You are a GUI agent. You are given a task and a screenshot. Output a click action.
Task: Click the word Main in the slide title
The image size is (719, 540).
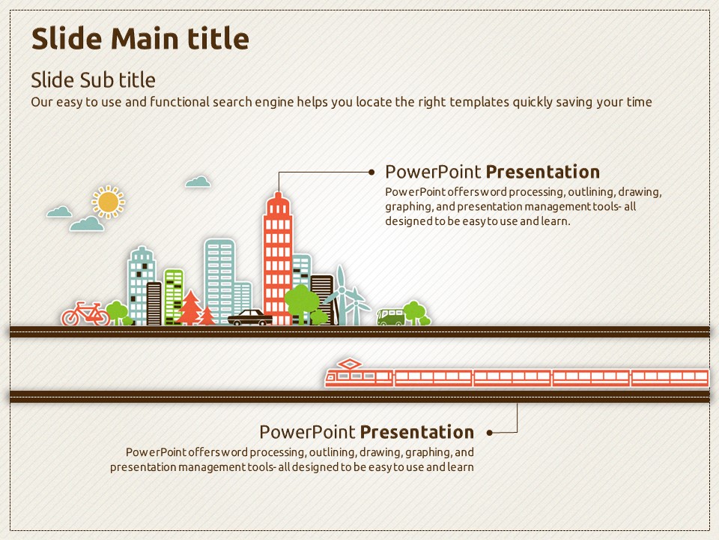[144, 38]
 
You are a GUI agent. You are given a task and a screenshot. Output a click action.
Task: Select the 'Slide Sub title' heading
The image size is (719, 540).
[93, 80]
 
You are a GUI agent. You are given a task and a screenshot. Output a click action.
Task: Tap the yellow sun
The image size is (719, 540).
[108, 202]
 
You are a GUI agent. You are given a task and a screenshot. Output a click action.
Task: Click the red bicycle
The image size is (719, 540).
[85, 313]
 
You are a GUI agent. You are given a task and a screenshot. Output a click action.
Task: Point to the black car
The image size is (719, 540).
[250, 318]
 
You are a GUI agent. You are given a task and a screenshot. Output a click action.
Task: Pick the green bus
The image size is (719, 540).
[391, 316]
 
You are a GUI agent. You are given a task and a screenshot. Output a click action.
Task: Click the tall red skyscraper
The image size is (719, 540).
[278, 259]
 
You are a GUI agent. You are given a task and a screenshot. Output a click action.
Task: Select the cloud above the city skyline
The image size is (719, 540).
[198, 181]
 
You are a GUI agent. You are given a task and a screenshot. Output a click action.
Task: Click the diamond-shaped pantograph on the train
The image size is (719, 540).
[350, 364]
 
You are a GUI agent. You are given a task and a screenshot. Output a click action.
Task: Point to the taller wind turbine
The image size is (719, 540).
[340, 295]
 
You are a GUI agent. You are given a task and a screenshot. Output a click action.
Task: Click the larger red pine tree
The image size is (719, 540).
[189, 307]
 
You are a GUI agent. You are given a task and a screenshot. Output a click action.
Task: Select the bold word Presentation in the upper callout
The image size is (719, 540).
[543, 172]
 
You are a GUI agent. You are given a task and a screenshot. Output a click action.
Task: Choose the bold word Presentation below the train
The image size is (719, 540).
[417, 432]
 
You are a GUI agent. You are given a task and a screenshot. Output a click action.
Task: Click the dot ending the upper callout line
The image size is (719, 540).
[371, 172]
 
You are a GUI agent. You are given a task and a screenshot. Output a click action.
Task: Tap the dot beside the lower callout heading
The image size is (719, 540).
[490, 433]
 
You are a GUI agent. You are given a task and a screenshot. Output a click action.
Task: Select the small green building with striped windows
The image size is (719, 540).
[173, 297]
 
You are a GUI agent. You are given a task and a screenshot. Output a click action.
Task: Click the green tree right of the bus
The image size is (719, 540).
[416, 313]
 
